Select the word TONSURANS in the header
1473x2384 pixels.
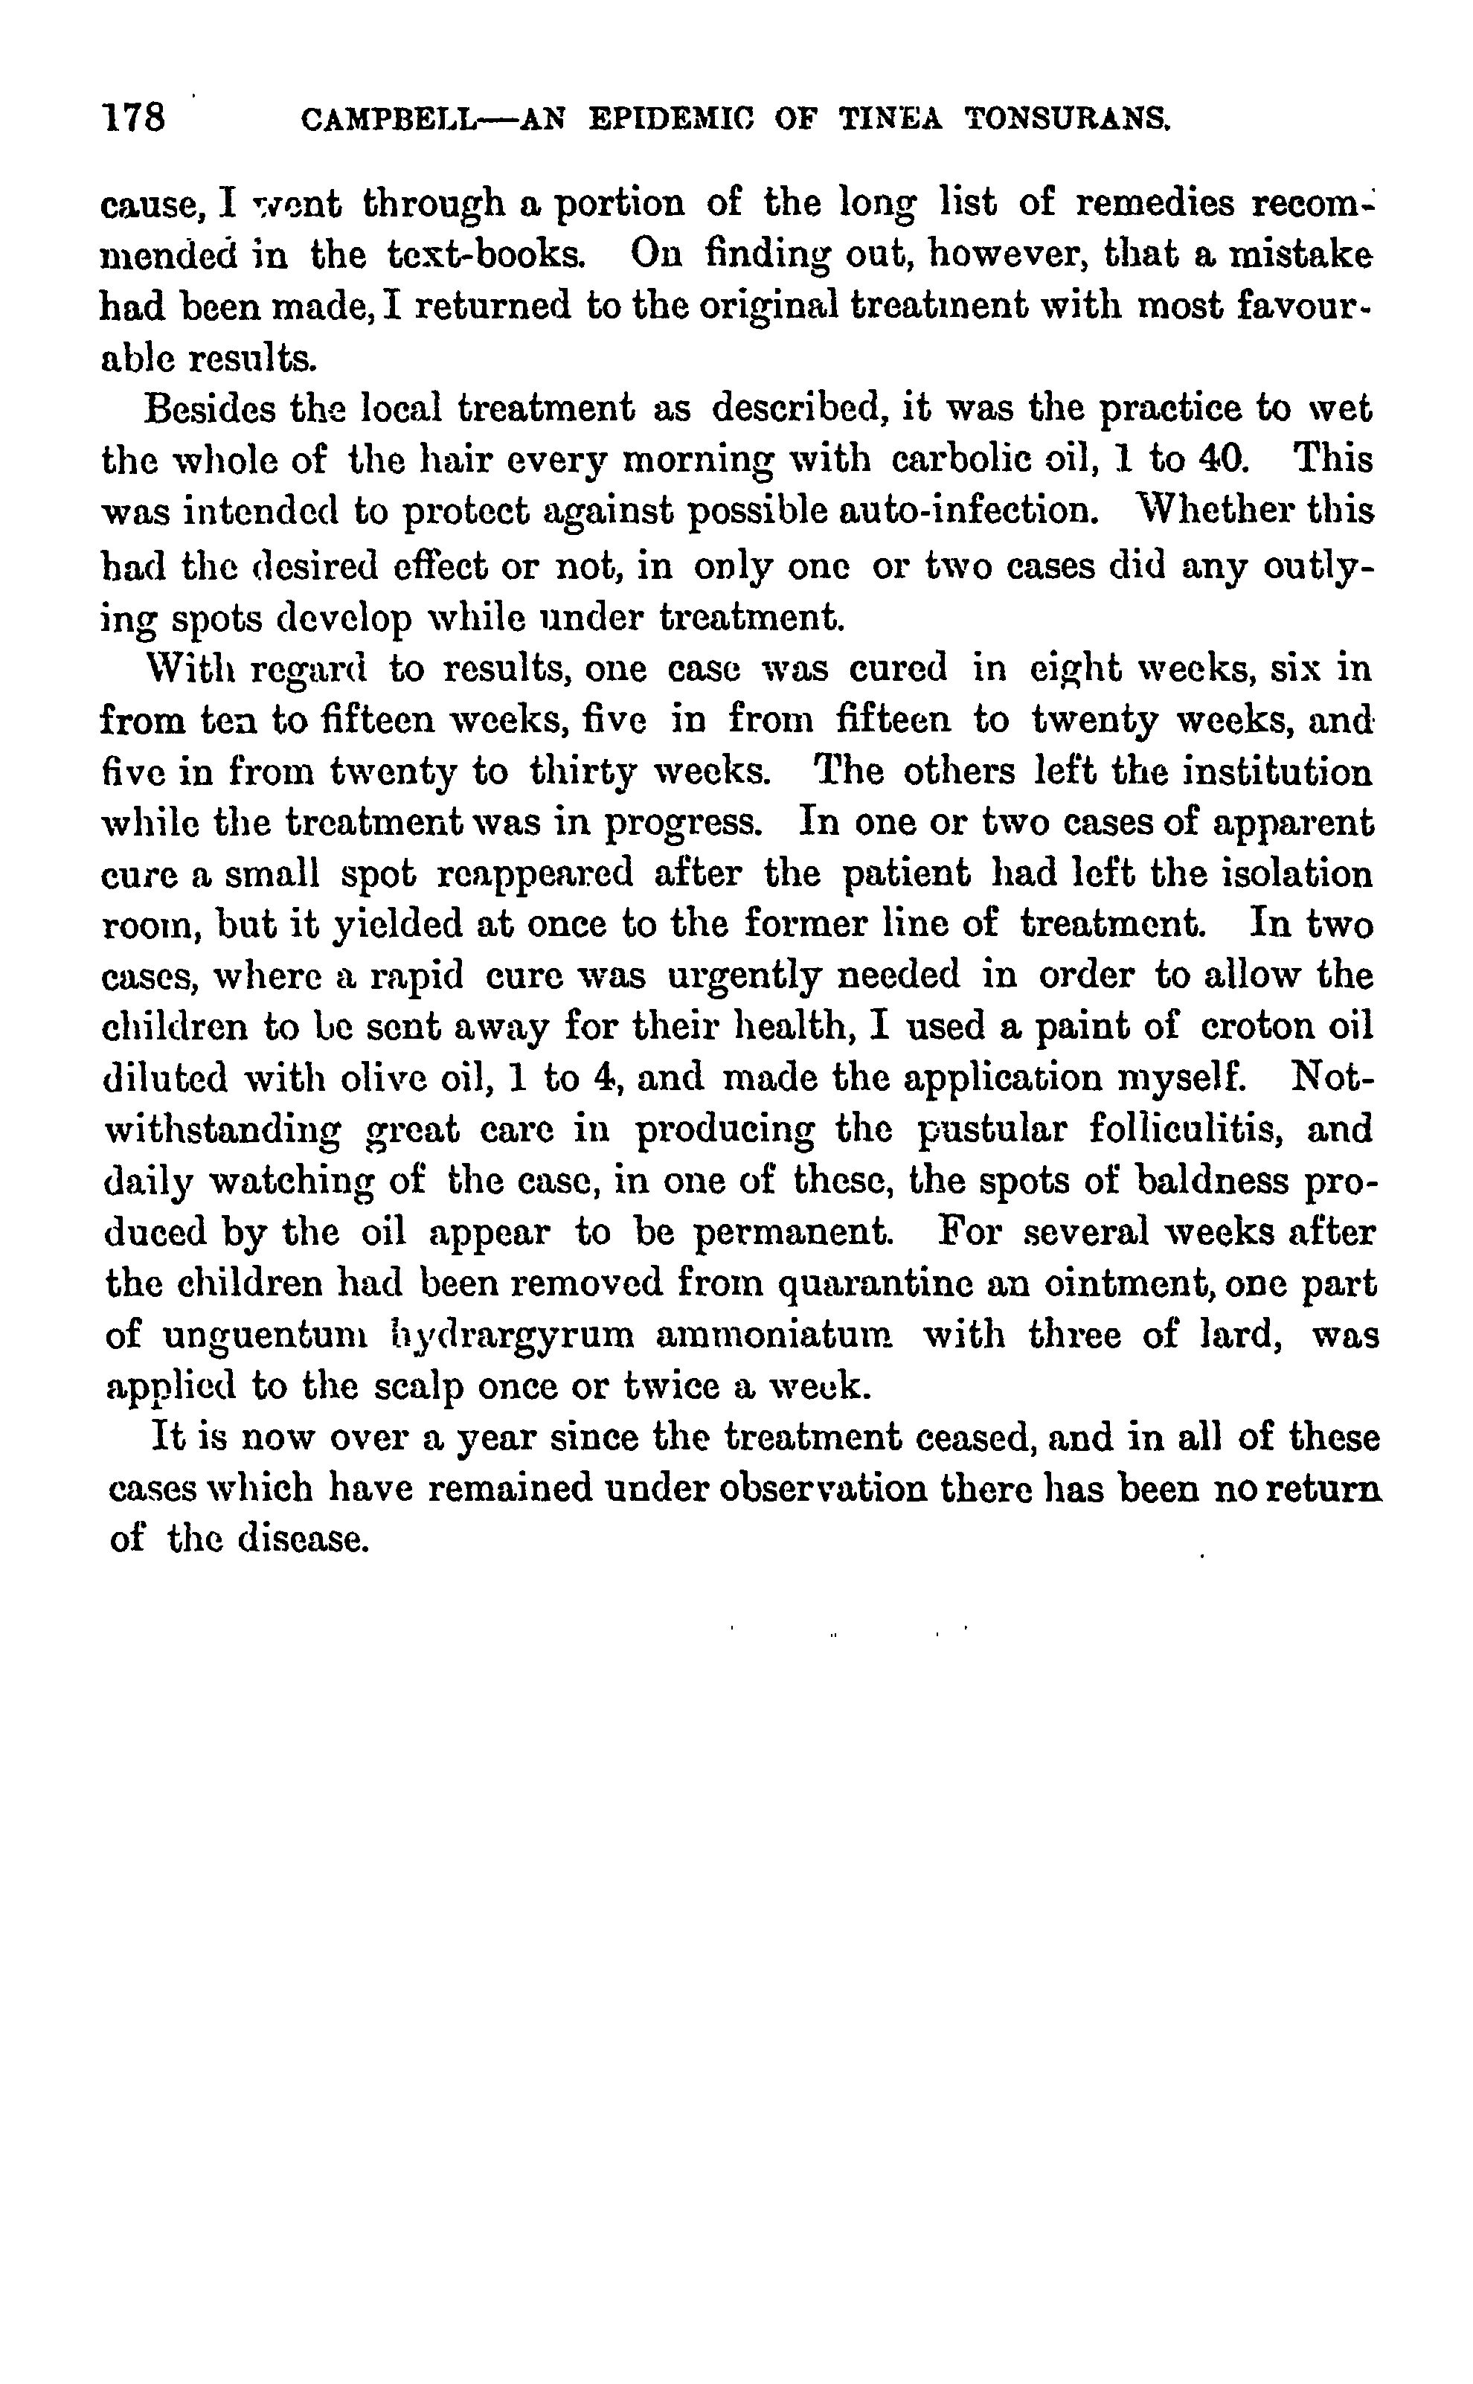point(1068,120)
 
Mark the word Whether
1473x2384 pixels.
point(1234,510)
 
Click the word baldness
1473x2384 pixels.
point(1207,1181)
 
